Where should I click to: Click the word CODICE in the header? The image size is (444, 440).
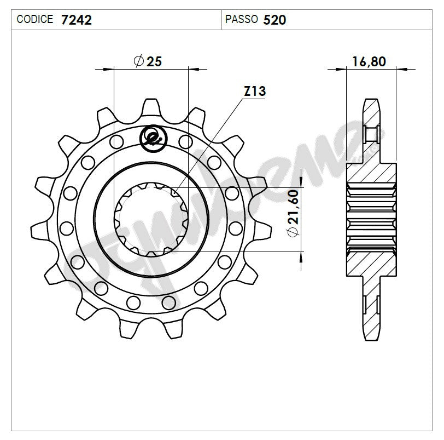tap(35, 20)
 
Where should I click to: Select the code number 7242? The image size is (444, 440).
tap(77, 20)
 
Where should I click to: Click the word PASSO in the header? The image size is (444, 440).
tap(242, 20)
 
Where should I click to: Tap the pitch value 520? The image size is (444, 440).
tap(274, 20)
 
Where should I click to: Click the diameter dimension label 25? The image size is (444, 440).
tap(154, 61)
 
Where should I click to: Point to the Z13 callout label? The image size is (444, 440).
tap(254, 92)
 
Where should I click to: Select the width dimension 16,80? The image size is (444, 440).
tap(369, 61)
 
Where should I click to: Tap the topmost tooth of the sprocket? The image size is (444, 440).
tap(151, 107)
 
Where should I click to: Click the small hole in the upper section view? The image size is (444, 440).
tap(370, 133)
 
